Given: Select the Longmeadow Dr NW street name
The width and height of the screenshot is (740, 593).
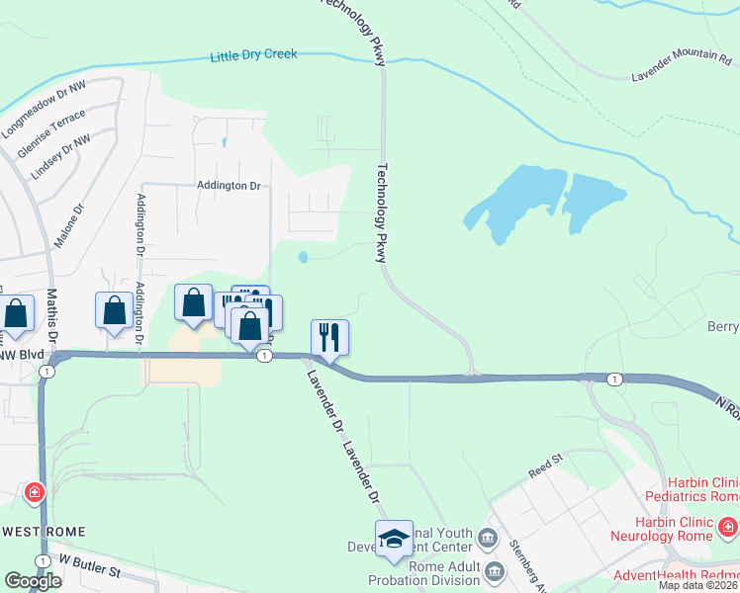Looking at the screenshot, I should click(x=45, y=109).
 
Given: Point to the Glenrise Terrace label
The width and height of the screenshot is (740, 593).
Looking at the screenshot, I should click(x=51, y=134).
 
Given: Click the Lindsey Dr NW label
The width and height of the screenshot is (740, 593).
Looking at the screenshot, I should click(x=60, y=156).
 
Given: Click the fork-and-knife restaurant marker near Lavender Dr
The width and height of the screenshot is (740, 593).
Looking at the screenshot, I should click(x=329, y=337).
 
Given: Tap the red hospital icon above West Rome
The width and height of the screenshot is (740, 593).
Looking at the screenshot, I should click(x=35, y=491).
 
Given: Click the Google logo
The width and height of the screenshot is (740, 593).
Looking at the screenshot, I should click(x=32, y=581).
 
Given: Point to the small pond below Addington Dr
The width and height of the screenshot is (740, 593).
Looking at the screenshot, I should click(x=302, y=258).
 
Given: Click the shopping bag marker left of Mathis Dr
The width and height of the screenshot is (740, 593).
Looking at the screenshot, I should click(x=17, y=314).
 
